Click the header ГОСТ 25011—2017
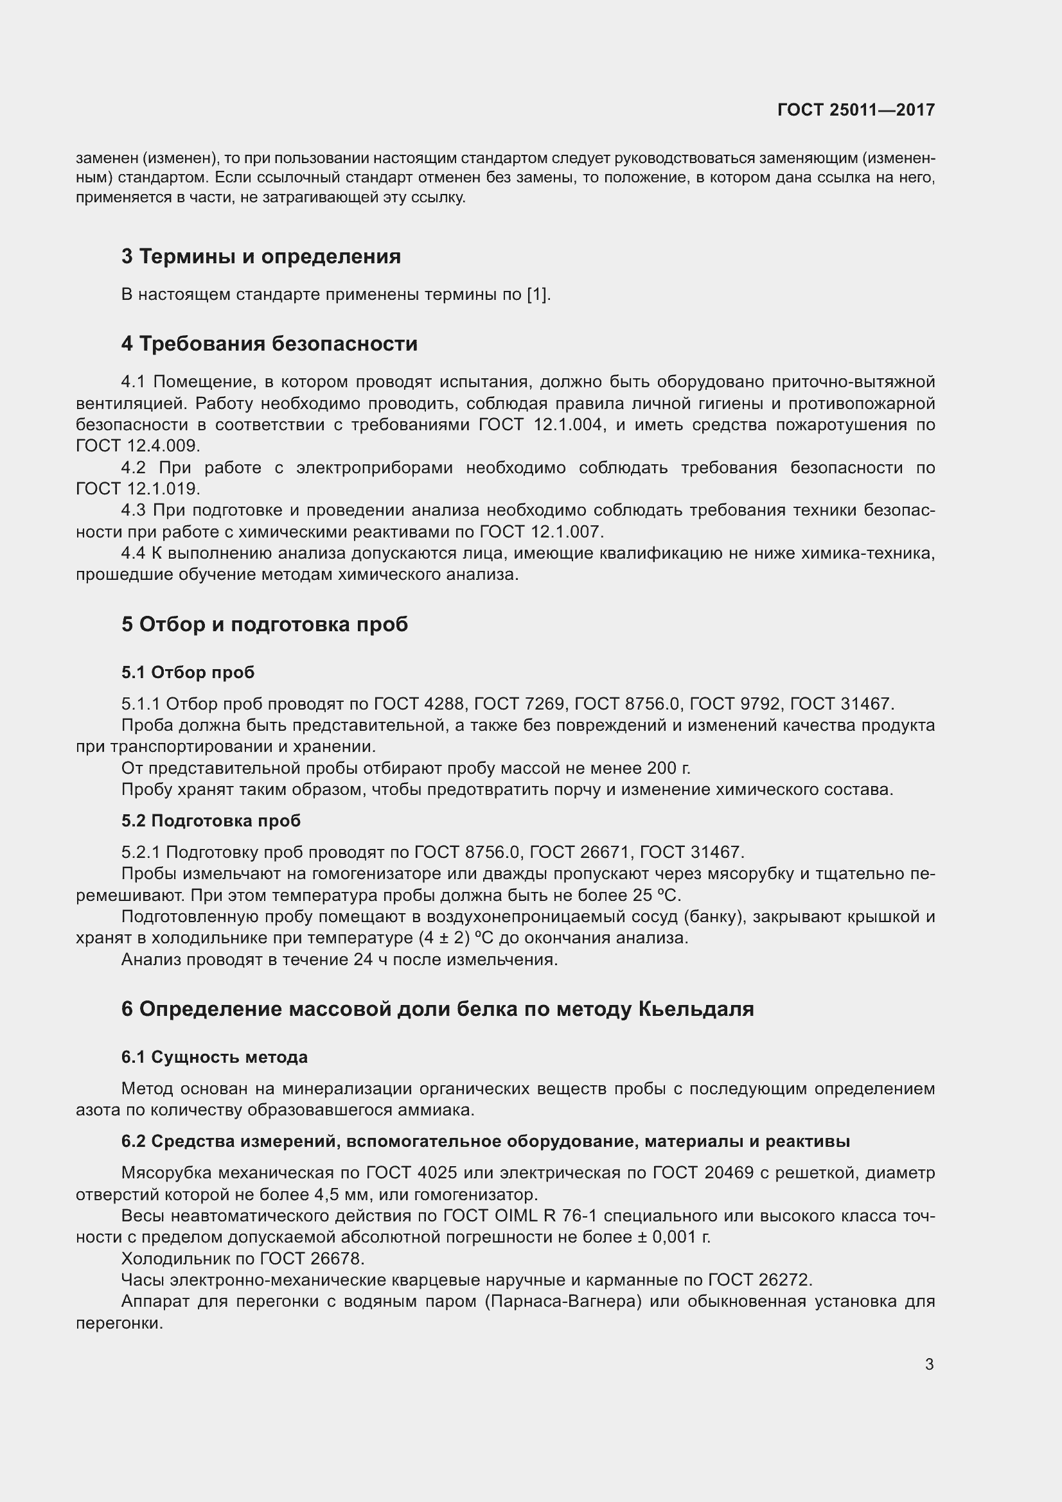click(x=856, y=110)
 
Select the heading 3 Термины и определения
click(x=260, y=256)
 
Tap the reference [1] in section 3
click(x=536, y=294)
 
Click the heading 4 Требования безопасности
click(x=269, y=344)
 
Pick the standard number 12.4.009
click(x=163, y=446)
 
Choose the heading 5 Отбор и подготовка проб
click(x=264, y=624)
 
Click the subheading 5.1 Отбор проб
click(x=188, y=672)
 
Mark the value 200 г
click(x=668, y=768)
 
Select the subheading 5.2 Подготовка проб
click(x=211, y=821)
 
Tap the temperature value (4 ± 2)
click(x=445, y=938)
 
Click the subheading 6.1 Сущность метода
click(x=214, y=1057)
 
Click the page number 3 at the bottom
click(x=929, y=1365)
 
